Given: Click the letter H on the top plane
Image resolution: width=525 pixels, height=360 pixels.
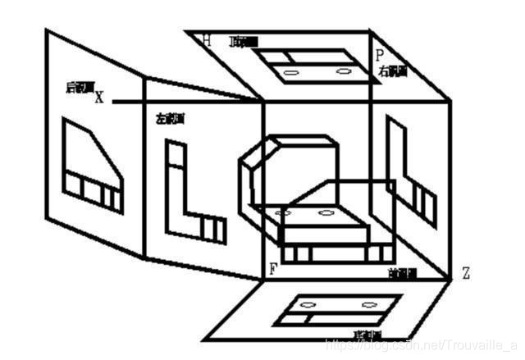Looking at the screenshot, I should pos(207,39).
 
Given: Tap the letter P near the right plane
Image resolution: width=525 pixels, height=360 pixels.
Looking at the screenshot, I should pos(379,55).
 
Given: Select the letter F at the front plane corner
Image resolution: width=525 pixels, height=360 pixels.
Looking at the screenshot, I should pos(272,268).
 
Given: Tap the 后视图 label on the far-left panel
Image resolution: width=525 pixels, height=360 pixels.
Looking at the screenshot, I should pos(80,87).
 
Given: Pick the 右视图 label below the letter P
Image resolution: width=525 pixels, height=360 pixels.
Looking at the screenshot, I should pos(391,72).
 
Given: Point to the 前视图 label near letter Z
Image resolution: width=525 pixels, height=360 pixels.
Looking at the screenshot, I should pos(404,271).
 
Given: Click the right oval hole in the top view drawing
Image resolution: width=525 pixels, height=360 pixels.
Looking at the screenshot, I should pos(343,71).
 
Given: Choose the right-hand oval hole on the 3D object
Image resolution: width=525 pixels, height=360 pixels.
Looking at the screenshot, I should pos(326,212).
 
